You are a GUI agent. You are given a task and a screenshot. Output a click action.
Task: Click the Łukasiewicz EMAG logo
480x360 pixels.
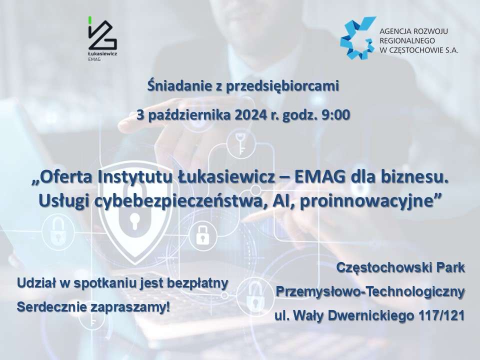pos(102,38)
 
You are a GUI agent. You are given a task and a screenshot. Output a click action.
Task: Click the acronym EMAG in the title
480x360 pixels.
pos(320,178)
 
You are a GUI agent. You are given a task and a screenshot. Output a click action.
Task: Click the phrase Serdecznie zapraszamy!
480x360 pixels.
pos(93,307)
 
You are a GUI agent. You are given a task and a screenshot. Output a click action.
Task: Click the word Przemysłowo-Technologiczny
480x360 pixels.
pos(370,291)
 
